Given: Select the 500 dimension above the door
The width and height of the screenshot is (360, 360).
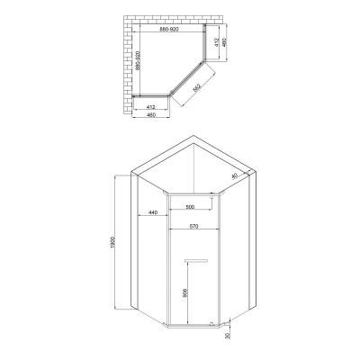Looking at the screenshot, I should coord(190,207).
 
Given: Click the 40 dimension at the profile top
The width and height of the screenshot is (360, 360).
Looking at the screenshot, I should coord(235,177).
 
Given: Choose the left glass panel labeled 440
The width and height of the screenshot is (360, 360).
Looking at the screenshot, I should coord(151,261).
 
